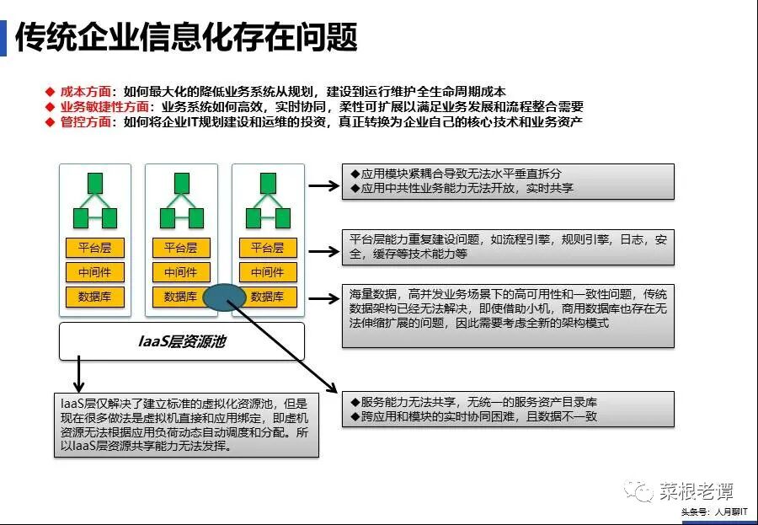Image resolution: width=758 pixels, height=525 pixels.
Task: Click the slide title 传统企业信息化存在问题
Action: coord(187,37)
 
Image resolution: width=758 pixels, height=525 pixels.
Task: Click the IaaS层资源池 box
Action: coord(181,341)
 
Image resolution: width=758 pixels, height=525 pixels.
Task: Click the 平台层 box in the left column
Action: coord(94,248)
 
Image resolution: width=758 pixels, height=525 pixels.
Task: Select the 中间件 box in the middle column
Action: coord(181,272)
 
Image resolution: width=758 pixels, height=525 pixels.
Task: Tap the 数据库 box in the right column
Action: coord(268,297)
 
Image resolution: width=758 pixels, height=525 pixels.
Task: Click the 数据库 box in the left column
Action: coord(94,297)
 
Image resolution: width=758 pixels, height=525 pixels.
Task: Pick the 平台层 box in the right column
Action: coord(268,248)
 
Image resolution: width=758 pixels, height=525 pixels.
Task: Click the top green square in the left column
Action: coord(95,183)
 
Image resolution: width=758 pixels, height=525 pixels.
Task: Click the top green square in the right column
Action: coord(268,183)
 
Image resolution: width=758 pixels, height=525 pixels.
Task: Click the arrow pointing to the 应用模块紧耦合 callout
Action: coord(323,185)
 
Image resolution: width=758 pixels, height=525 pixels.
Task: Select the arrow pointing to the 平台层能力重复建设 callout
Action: coord(323,250)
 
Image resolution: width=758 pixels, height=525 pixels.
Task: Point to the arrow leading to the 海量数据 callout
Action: coord(323,297)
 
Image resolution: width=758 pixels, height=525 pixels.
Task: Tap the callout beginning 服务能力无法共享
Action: coord(508,409)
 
